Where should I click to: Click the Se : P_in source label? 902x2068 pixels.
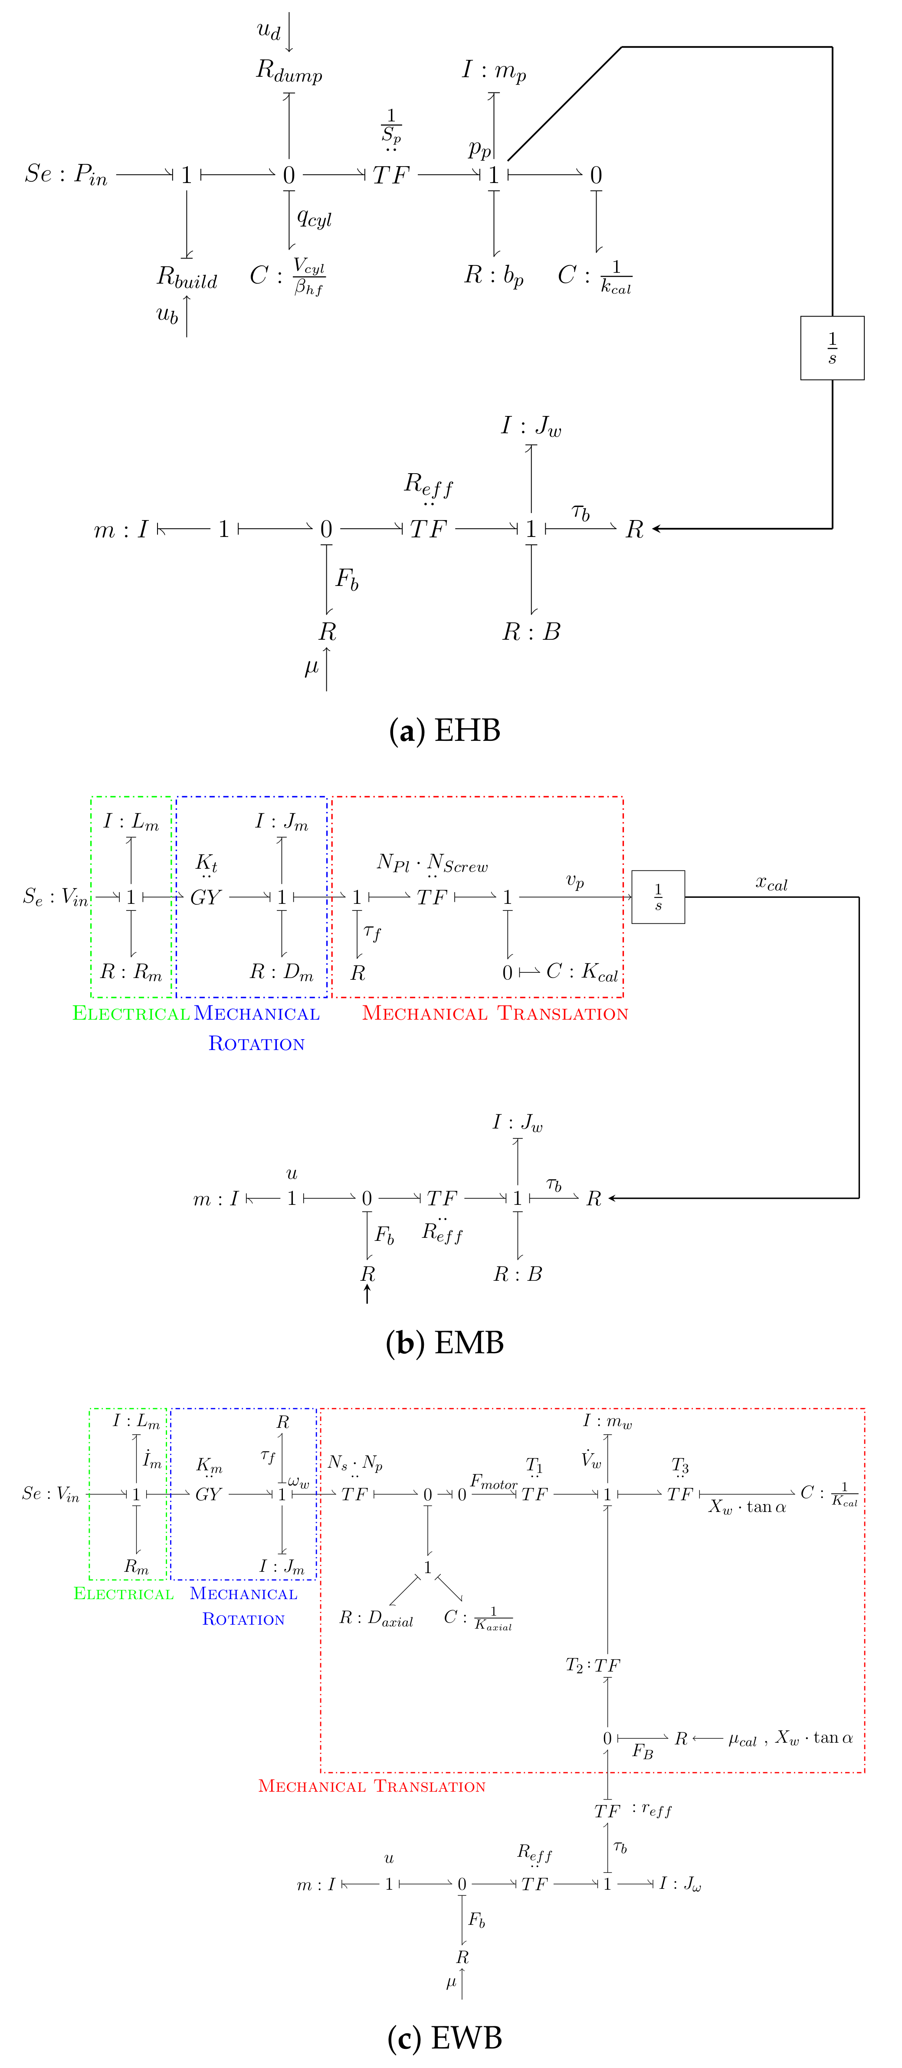click(66, 174)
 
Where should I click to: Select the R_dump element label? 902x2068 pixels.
click(289, 72)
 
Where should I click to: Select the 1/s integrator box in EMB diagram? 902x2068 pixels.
click(658, 897)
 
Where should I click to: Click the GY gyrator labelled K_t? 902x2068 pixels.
click(206, 897)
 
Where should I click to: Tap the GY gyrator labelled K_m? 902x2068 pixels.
click(208, 1494)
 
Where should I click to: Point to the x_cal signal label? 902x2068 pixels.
click(771, 883)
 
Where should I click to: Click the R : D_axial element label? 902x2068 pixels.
click(375, 1618)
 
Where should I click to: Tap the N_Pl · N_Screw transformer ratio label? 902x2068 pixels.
click(432, 863)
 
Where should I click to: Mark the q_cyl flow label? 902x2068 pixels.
click(314, 218)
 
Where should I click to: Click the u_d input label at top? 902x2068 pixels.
click(268, 30)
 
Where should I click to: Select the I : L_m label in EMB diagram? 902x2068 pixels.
click(131, 821)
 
